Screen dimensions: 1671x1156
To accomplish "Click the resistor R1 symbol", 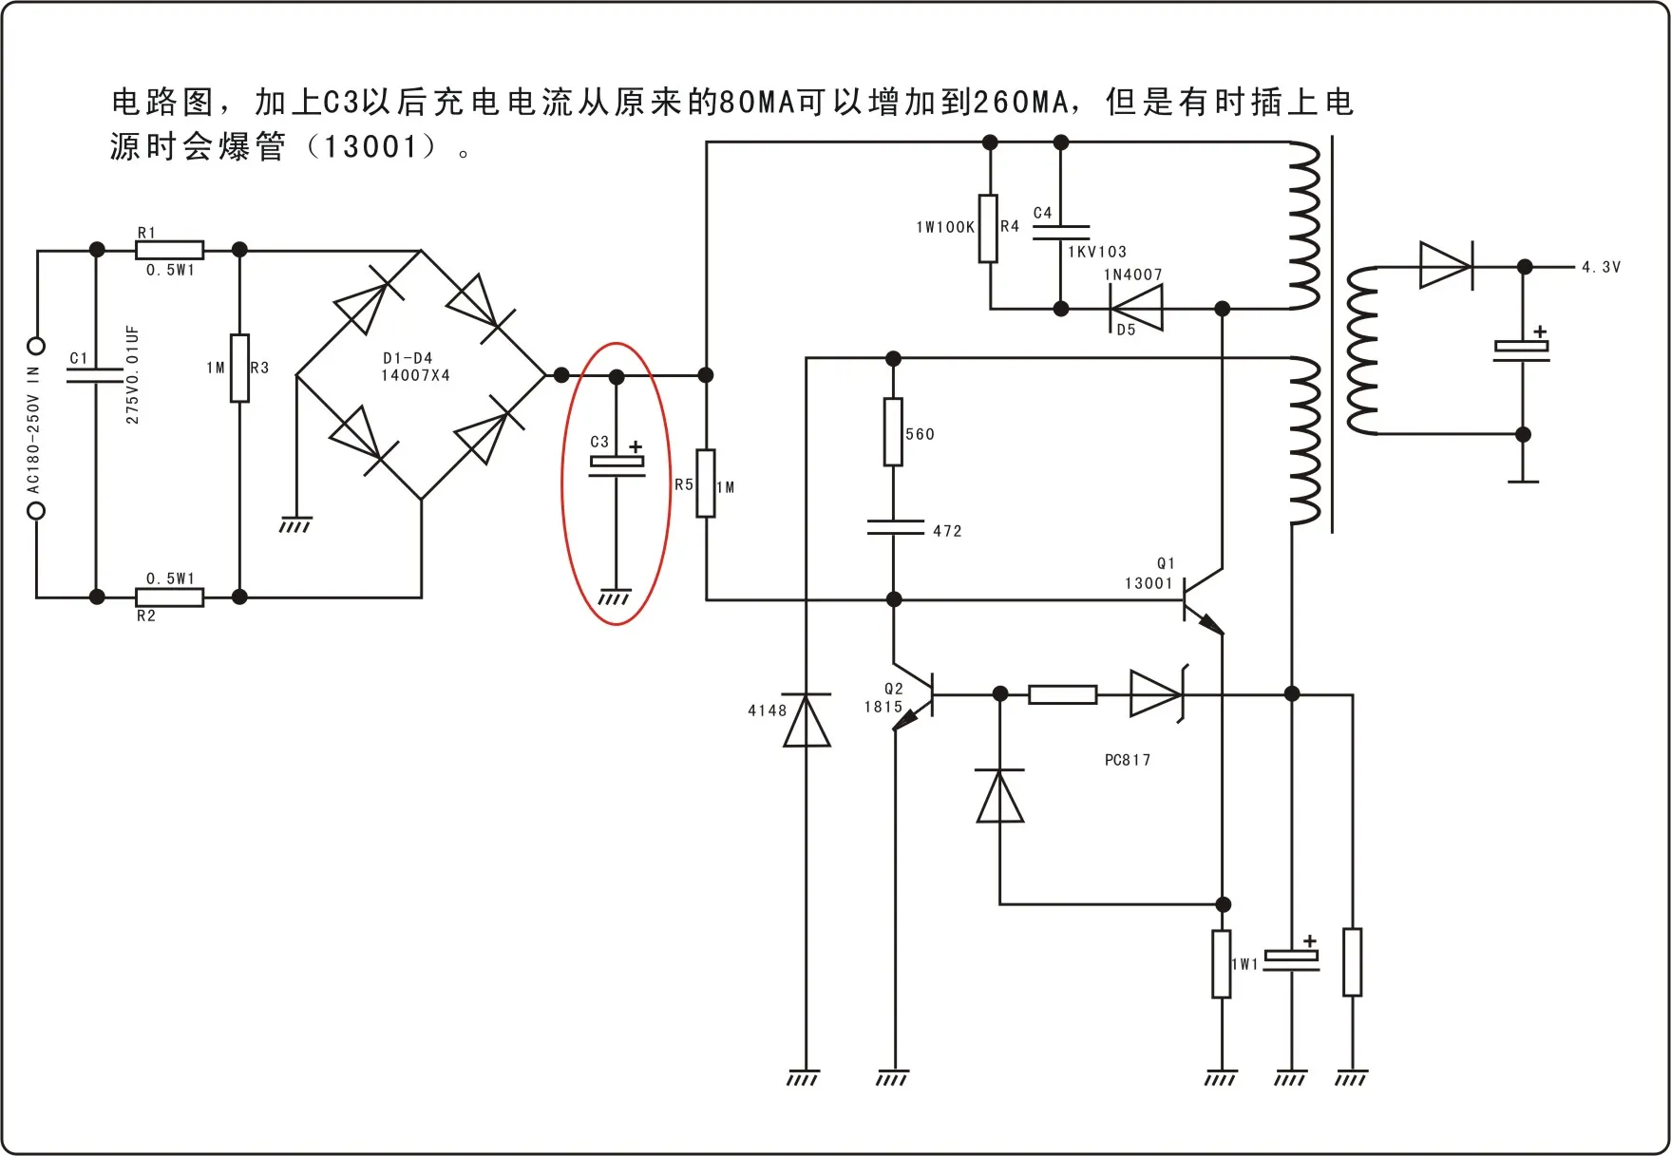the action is point(169,250).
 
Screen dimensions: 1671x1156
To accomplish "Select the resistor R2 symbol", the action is point(169,597).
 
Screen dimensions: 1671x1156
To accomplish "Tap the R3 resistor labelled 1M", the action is point(240,368).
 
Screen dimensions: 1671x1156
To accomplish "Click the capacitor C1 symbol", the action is point(95,375).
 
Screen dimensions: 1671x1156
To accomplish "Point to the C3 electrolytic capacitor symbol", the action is point(617,465).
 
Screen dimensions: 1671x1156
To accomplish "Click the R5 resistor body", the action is point(706,483).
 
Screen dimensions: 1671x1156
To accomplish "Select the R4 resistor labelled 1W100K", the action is point(989,228).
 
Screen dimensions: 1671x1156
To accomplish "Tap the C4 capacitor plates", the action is point(1061,233).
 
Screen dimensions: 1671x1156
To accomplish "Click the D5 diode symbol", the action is point(1136,309).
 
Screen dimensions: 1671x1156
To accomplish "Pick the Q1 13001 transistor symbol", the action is point(1204,600).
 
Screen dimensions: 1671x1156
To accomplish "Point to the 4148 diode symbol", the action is point(807,720).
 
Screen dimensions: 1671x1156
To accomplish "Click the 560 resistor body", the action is point(893,432).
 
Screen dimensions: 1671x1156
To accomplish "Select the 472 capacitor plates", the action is point(895,527).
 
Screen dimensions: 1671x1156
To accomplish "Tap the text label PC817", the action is point(1128,760).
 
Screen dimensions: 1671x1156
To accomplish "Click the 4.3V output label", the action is point(1601,267).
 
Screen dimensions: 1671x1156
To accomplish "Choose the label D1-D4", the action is point(408,358).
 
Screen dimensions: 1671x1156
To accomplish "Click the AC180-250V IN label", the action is point(33,430).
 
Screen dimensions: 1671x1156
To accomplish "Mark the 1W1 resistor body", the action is point(1222,964).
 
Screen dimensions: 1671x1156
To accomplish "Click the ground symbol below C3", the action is point(615,597).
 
